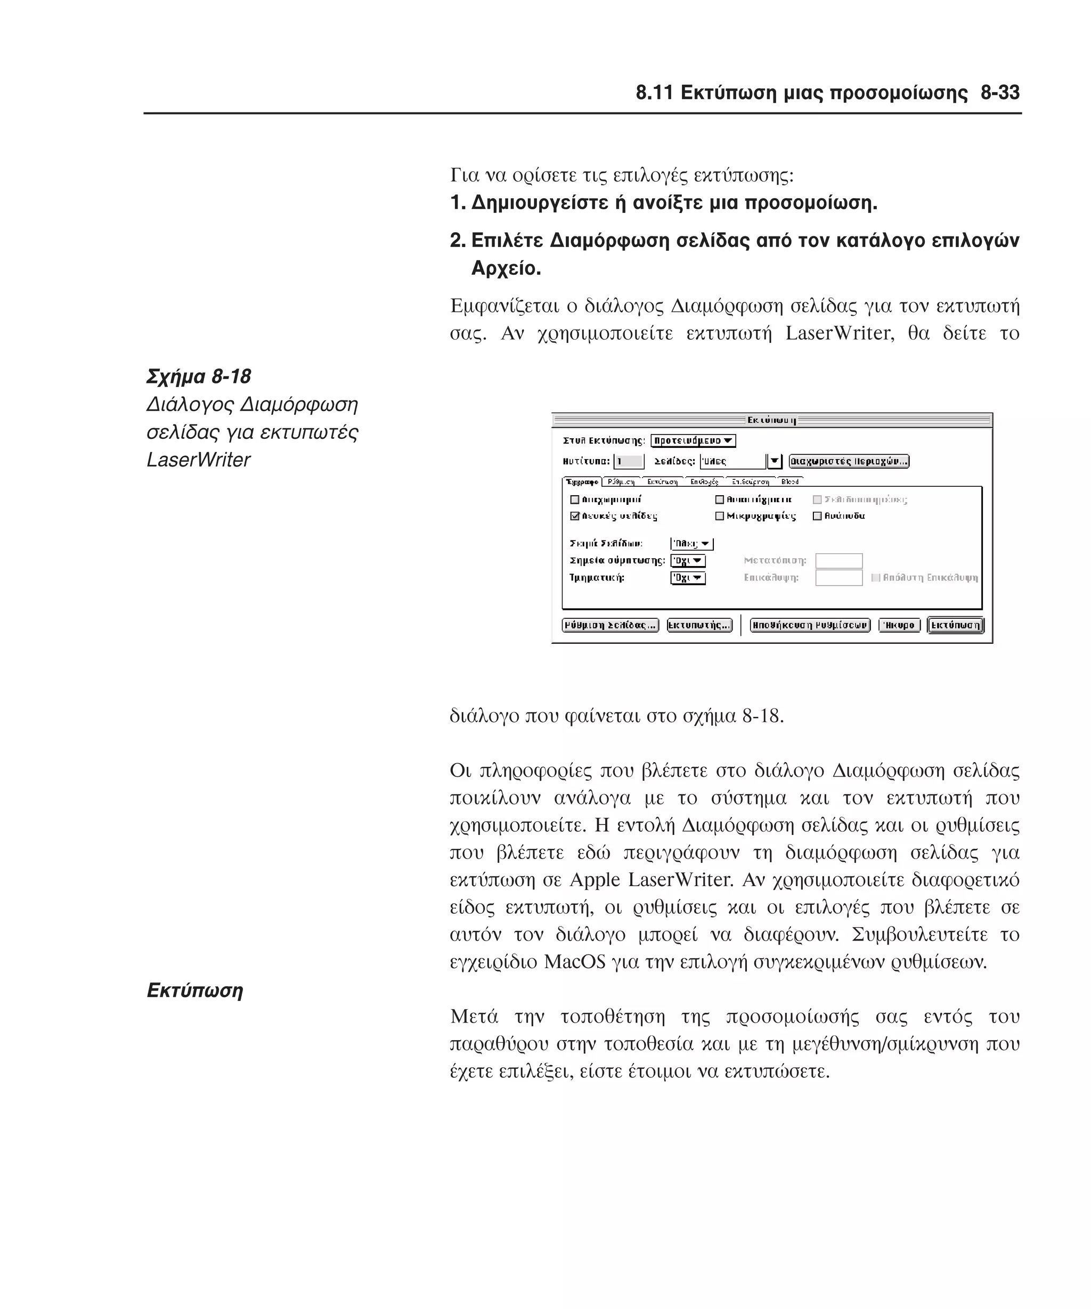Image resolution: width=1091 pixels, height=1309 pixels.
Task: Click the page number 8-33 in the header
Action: [999, 93]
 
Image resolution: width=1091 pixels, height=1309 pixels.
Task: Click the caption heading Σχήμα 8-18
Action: [198, 377]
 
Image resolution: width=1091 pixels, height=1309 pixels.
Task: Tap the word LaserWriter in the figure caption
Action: [198, 460]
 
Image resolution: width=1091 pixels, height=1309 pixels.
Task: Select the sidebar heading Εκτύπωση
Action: [194, 991]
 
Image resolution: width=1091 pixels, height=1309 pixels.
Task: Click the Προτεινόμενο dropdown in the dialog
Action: [693, 441]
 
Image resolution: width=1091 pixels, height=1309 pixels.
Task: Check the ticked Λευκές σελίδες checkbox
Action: [575, 516]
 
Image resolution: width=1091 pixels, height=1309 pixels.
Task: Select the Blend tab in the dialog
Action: [789, 481]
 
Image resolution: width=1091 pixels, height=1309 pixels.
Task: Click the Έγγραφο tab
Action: [582, 482]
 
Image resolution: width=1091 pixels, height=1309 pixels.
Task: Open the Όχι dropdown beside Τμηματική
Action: [688, 578]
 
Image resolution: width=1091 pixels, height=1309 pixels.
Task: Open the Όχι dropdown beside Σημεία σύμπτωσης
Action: [688, 560]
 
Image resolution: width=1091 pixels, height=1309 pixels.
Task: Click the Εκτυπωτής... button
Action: [699, 625]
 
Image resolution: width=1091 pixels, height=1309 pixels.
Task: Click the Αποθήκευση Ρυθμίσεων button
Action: [809, 625]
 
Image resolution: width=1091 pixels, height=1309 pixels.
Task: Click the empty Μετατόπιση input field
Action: [838, 560]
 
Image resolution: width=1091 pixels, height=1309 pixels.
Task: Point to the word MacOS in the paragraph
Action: [574, 962]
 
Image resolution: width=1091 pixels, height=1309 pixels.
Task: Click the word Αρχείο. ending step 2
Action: [506, 268]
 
